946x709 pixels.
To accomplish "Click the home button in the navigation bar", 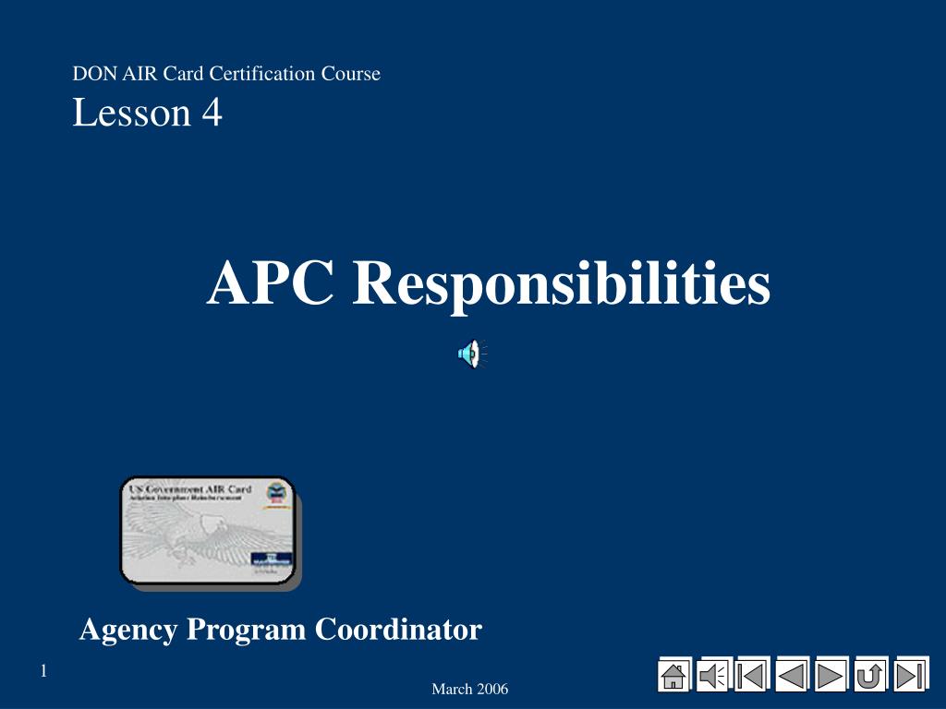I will pos(674,676).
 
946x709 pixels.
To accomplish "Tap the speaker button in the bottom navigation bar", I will pos(713,676).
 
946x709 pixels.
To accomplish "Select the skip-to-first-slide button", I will pos(752,676).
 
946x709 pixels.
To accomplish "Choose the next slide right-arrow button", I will pos(831,676).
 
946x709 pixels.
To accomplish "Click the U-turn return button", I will pos(869,676).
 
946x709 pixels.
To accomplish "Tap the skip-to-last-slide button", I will pos(909,676).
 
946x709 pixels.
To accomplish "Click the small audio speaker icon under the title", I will pos(471,354).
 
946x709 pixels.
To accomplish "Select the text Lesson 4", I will pos(147,113).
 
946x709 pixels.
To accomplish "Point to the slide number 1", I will pos(43,671).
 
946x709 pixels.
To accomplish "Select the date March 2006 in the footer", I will pos(469,690).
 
